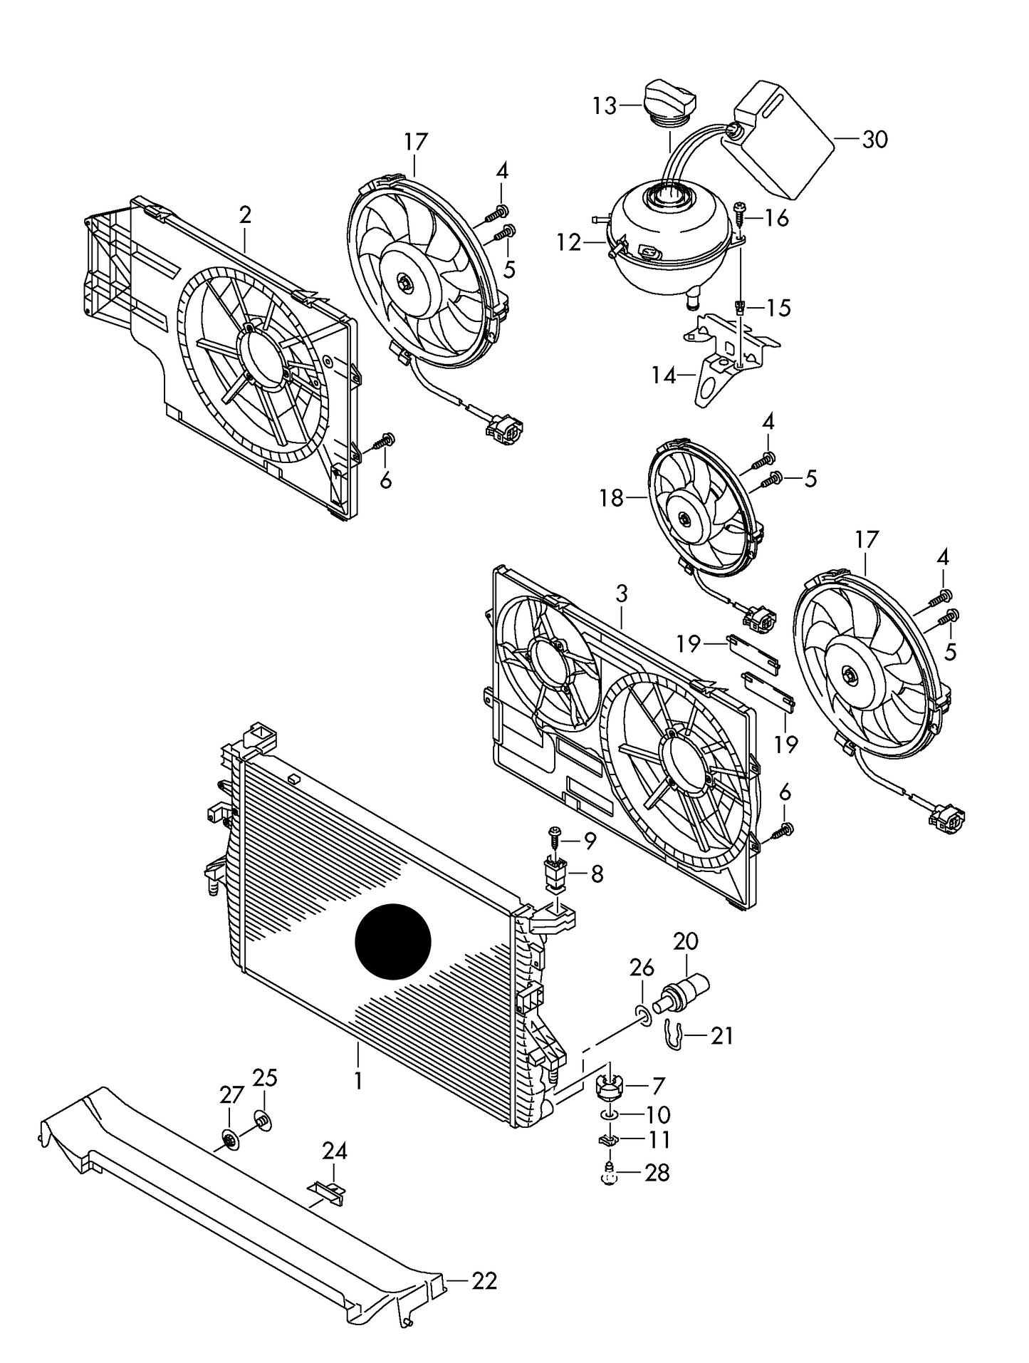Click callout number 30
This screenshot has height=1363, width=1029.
pos(874,140)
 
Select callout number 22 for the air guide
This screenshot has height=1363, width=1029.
pos(484,1281)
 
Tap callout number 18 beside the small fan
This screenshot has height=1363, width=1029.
pos(612,498)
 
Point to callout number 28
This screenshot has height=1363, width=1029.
pos(657,1173)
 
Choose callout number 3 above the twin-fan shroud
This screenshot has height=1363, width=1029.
pos(622,594)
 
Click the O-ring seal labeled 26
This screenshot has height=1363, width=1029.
pos(642,1015)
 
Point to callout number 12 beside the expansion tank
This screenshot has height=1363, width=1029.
pos(569,243)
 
